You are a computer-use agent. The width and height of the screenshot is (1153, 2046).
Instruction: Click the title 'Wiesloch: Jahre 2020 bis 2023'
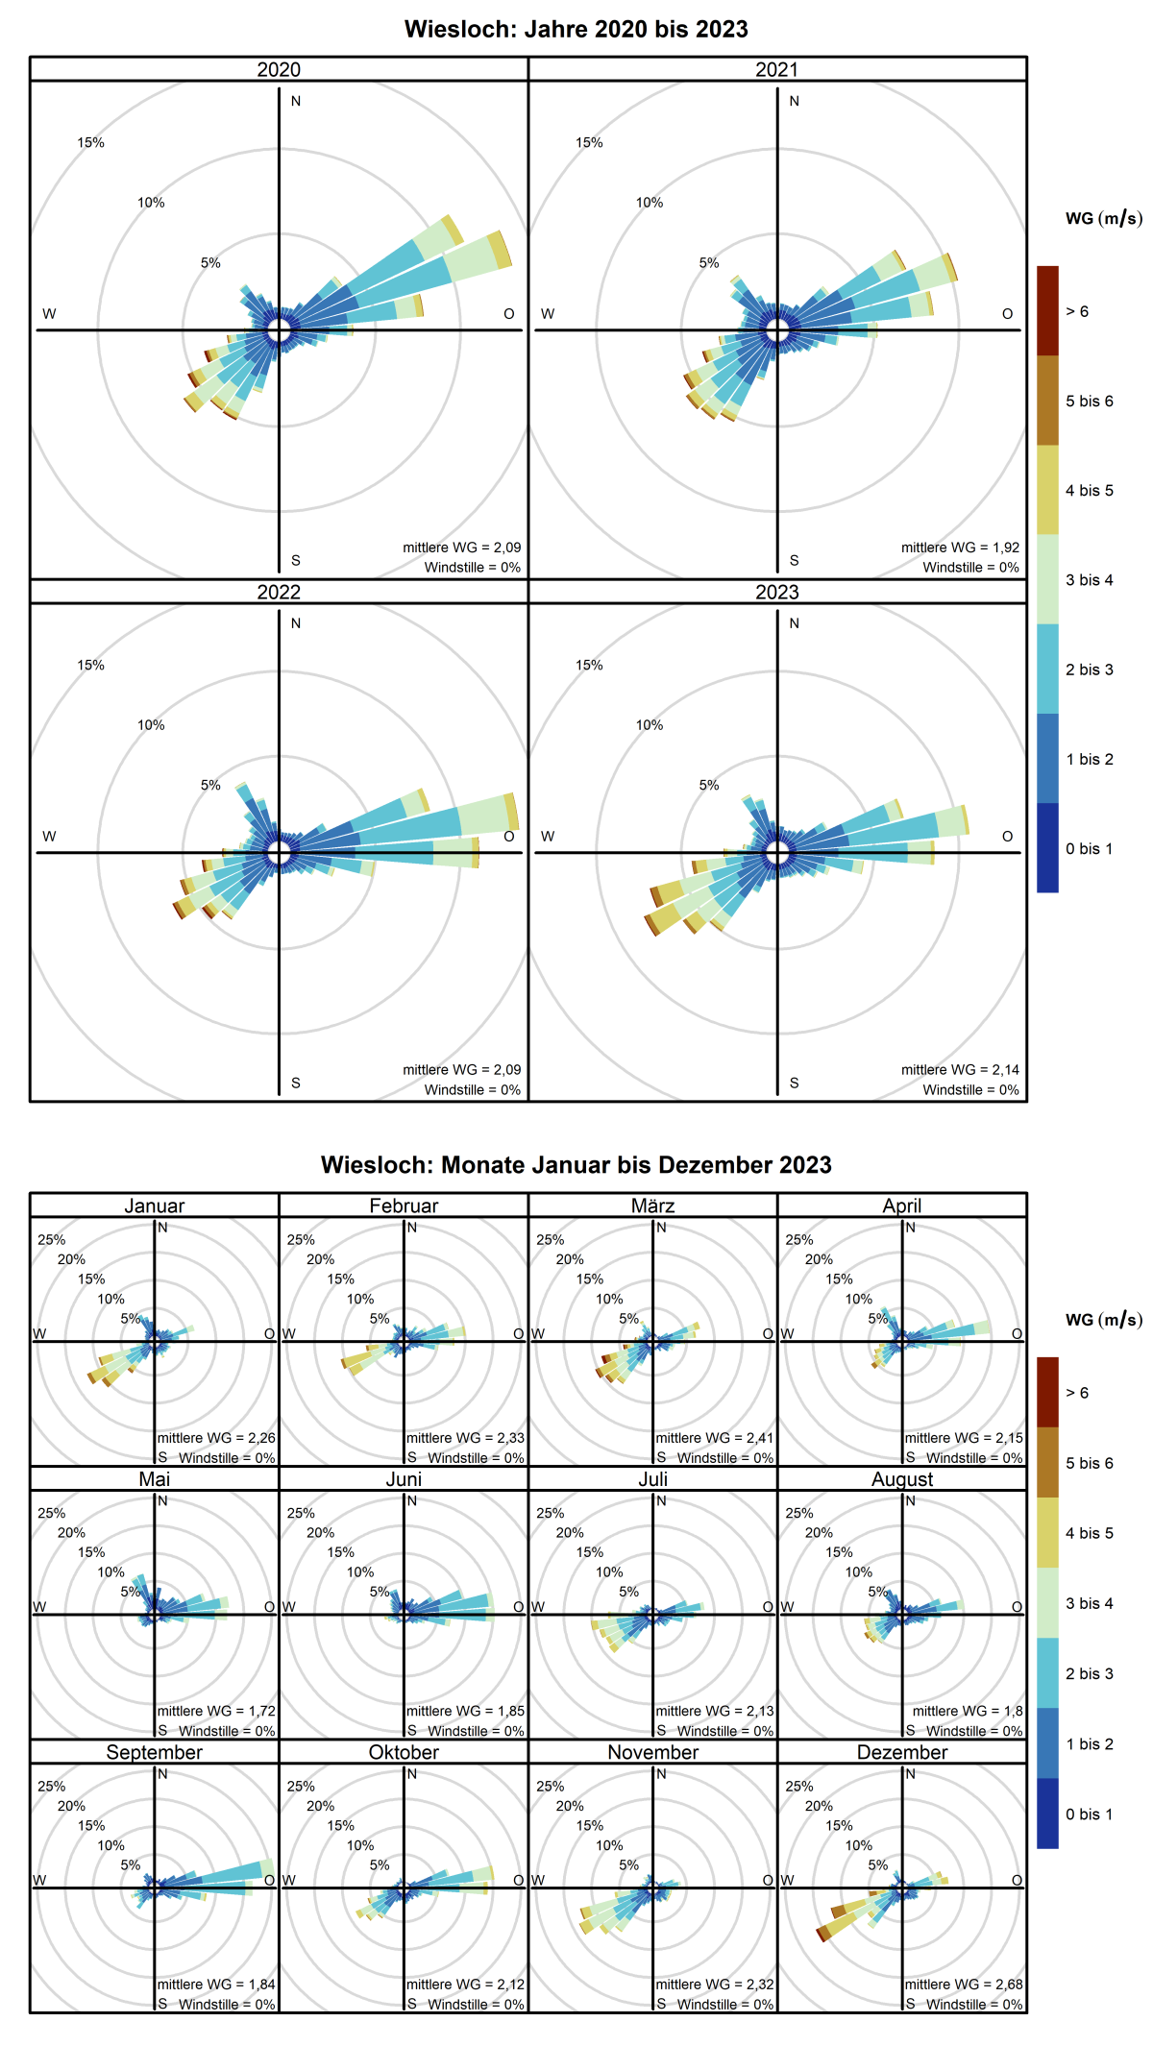coord(576,29)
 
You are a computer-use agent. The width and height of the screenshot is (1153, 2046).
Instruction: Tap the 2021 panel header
coord(776,69)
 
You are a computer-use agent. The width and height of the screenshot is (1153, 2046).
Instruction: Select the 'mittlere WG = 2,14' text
coord(960,1069)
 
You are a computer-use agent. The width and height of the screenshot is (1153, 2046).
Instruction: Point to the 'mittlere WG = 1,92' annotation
coord(960,547)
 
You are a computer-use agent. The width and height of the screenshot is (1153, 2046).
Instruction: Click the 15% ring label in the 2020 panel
coord(91,142)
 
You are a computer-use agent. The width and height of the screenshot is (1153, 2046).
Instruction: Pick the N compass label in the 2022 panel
coord(296,623)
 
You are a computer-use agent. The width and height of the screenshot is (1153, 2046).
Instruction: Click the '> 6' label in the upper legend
coord(1077,311)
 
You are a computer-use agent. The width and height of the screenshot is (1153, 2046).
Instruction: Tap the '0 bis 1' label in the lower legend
coord(1089,1814)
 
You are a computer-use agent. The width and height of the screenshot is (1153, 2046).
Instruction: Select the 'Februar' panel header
coord(404,1206)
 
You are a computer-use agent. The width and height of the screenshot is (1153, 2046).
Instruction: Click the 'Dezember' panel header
coord(902,1751)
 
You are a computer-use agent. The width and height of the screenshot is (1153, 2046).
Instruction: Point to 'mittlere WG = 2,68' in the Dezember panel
coord(964,1984)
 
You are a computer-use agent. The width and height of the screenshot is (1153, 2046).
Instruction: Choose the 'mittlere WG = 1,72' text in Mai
coord(216,1711)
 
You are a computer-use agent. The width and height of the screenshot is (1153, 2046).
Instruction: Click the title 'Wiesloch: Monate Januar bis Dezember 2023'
coord(576,1164)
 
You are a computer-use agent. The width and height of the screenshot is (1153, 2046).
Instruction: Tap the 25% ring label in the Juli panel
coord(551,1513)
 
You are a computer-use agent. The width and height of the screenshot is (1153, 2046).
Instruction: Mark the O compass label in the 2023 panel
coord(1007,837)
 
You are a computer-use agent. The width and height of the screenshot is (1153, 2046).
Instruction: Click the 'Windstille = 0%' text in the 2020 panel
coord(473,567)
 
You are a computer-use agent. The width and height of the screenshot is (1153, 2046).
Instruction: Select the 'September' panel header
coord(154,1751)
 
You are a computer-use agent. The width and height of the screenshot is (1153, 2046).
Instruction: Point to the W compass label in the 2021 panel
coord(548,314)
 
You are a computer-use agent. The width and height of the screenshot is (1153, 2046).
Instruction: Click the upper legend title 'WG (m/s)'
coord(1104,219)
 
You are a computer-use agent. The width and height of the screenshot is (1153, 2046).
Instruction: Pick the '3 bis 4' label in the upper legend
coord(1089,579)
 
